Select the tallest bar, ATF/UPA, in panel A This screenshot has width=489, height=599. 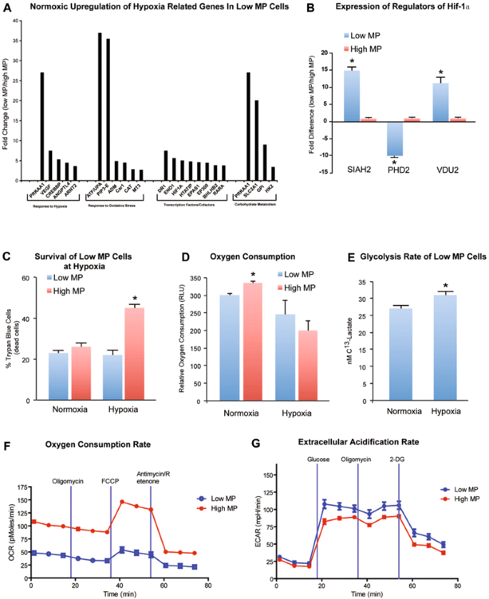pos(100,106)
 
